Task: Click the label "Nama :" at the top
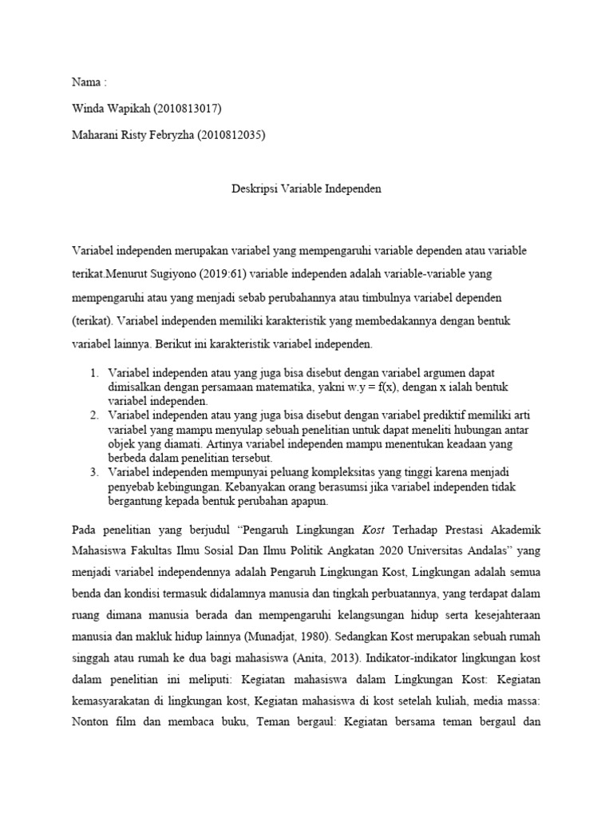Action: tap(89, 83)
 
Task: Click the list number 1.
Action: tap(94, 374)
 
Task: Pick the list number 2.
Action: tap(94, 415)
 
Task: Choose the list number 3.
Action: tap(94, 474)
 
